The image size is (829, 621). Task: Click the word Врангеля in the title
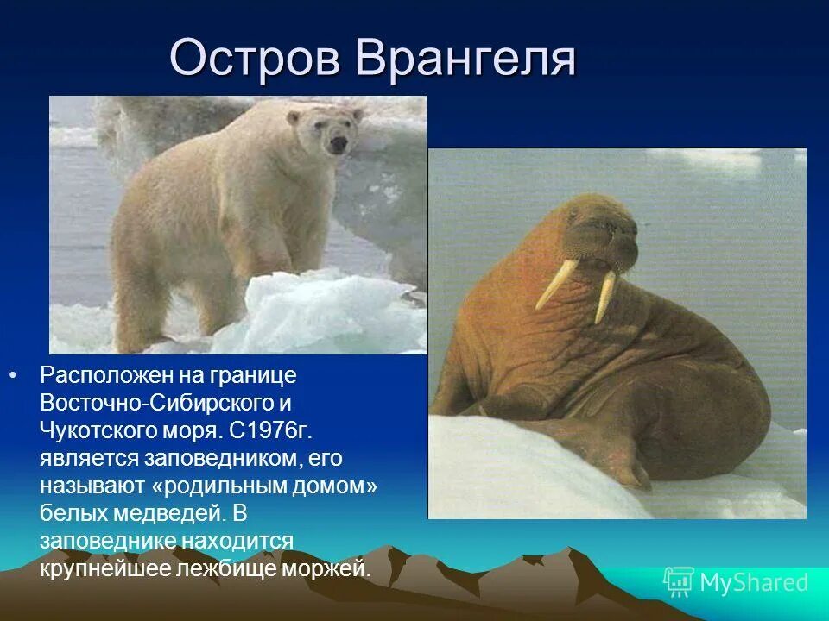465,59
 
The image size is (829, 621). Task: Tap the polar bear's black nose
339,143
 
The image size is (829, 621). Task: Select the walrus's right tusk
605,297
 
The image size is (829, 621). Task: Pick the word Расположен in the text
102,376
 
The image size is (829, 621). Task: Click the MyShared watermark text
754,583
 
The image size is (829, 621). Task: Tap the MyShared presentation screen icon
678,582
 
